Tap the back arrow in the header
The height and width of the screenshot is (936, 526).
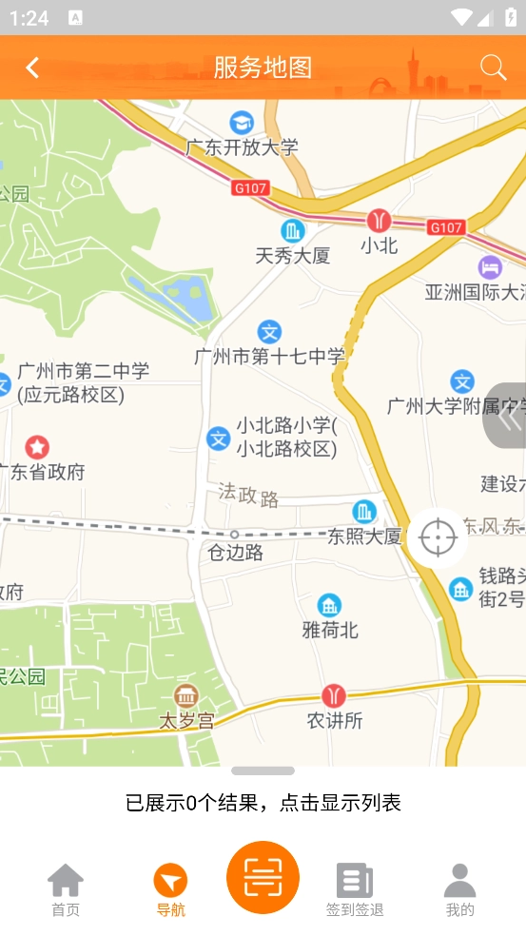(32, 68)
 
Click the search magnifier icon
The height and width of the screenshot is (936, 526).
(493, 67)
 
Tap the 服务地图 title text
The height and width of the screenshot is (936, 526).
(263, 68)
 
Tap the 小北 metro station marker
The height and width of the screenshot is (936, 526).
(379, 221)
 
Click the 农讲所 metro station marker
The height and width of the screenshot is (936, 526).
(334, 695)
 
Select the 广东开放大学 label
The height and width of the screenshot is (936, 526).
(242, 147)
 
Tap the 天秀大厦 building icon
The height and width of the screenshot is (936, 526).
(293, 230)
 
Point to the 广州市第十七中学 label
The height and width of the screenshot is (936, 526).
(269, 357)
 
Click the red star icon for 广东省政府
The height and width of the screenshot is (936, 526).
(37, 446)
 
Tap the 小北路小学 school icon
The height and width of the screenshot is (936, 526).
(219, 439)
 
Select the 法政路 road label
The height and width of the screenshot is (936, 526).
(248, 495)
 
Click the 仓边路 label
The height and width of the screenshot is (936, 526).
(236, 553)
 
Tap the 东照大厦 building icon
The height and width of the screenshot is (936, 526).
(364, 512)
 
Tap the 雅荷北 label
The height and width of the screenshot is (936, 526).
(330, 630)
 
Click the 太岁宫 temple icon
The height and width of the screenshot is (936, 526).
(185, 695)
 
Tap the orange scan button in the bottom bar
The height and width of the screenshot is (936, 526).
(263, 877)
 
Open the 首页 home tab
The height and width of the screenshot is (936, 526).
(66, 889)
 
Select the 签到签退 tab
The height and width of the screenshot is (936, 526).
(355, 889)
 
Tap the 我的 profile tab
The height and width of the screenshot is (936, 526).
(459, 889)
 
